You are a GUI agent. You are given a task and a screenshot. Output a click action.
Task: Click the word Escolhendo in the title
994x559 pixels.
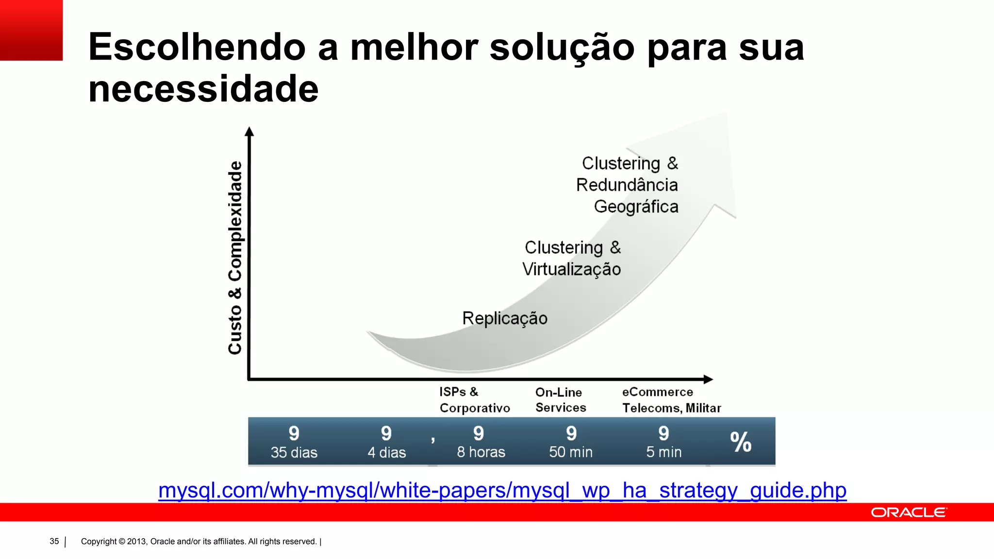tap(197, 48)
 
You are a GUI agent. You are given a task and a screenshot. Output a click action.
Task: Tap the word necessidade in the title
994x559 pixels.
tap(203, 89)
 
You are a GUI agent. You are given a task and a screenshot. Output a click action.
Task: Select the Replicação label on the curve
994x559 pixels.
tap(505, 318)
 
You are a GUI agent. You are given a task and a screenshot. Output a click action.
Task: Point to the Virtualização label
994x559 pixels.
tap(571, 269)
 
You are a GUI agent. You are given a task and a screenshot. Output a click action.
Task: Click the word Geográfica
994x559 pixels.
tap(636, 207)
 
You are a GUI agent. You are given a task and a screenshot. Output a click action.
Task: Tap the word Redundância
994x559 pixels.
tap(627, 185)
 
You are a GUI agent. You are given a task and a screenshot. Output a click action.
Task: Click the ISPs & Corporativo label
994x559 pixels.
tap(474, 400)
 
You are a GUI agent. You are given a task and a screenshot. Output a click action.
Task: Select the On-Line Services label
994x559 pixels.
tap(560, 400)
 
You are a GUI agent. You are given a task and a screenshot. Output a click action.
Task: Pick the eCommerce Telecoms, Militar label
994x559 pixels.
tap(671, 400)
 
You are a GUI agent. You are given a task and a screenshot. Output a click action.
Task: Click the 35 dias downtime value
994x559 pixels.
tap(294, 452)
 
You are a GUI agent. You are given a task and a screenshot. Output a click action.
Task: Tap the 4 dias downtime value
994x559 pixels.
tap(387, 452)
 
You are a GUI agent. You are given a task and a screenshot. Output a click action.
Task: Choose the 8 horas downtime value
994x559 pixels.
tap(481, 452)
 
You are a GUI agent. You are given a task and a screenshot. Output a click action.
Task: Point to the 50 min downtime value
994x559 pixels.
tap(571, 452)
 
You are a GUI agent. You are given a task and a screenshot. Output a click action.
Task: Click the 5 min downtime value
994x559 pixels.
tap(663, 452)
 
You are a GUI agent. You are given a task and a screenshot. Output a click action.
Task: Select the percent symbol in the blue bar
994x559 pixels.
tap(741, 442)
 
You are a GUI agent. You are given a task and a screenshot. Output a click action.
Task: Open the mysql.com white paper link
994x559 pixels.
tap(502, 490)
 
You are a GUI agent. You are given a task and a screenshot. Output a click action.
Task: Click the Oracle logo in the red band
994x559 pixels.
tap(909, 512)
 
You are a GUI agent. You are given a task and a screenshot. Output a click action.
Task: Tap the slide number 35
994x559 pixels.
tap(54, 542)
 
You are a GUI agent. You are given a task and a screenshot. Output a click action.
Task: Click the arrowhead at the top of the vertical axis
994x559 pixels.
tap(249, 132)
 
